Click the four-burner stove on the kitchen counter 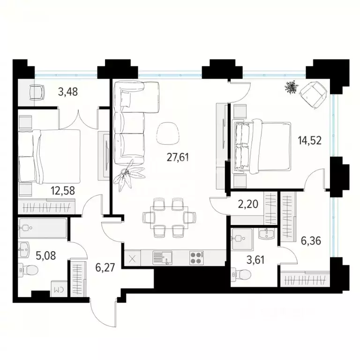(196, 257)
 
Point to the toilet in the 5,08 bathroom (30, 270)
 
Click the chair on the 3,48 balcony (37, 91)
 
